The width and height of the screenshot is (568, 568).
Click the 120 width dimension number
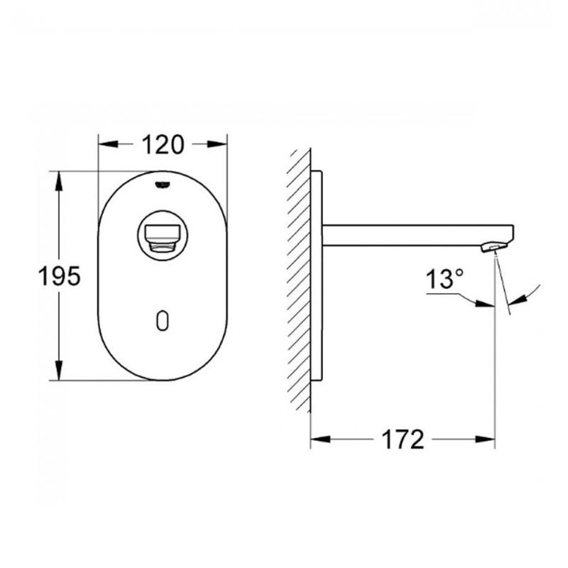click(163, 144)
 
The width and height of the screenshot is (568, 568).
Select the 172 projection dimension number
click(403, 439)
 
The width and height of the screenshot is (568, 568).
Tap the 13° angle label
click(443, 279)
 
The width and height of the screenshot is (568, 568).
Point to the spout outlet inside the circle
click(163, 234)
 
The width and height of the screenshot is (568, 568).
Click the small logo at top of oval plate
click(163, 183)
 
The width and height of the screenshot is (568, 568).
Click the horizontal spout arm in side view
click(412, 235)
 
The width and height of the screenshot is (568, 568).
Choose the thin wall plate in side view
click(317, 277)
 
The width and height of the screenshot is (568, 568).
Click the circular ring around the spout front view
click(163, 213)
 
